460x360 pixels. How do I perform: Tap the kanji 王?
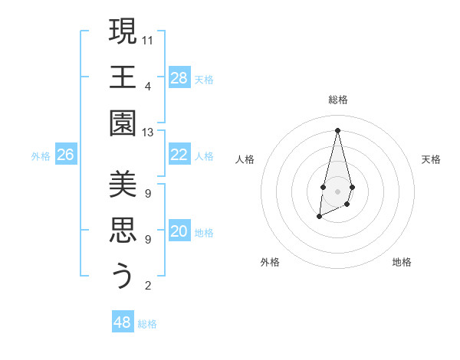click(x=123, y=77)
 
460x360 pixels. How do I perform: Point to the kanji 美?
click(x=123, y=184)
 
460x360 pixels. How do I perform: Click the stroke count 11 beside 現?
click(x=148, y=38)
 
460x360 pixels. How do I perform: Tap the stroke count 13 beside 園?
click(x=148, y=133)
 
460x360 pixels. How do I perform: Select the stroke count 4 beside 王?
click(x=148, y=85)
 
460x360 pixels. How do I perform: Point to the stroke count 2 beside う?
click(x=148, y=286)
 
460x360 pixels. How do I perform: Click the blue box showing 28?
click(x=179, y=78)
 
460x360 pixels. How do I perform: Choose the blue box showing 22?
click(x=179, y=155)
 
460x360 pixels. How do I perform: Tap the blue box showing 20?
click(x=179, y=231)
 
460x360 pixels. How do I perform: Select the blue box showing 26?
click(x=65, y=155)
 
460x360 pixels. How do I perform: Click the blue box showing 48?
click(x=123, y=322)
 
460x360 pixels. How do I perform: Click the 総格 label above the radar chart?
click(x=337, y=100)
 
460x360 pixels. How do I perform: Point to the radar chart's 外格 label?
click(x=270, y=262)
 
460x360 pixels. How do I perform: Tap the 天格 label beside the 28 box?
click(x=204, y=79)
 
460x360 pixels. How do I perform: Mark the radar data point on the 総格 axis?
click(x=337, y=129)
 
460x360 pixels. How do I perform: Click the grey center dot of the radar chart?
click(x=337, y=191)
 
